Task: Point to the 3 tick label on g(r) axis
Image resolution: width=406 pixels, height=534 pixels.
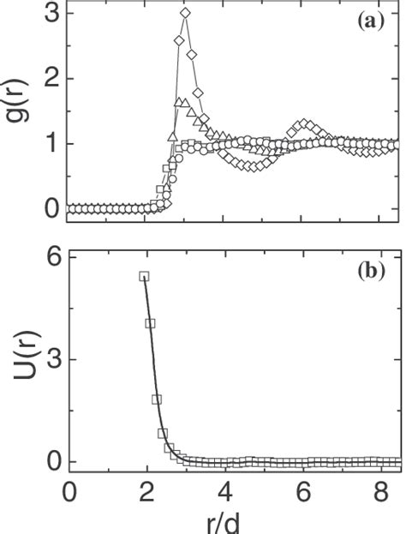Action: click(52, 14)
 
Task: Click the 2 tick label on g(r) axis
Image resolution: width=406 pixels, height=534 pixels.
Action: click(52, 79)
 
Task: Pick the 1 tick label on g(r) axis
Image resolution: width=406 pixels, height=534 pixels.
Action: click(52, 144)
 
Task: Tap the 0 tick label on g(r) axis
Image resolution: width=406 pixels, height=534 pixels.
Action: click(52, 208)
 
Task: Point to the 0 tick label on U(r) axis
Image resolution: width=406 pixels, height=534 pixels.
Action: click(52, 461)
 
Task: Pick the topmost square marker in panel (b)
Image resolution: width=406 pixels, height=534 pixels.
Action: click(145, 276)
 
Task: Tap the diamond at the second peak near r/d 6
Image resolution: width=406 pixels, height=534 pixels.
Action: click(304, 123)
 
